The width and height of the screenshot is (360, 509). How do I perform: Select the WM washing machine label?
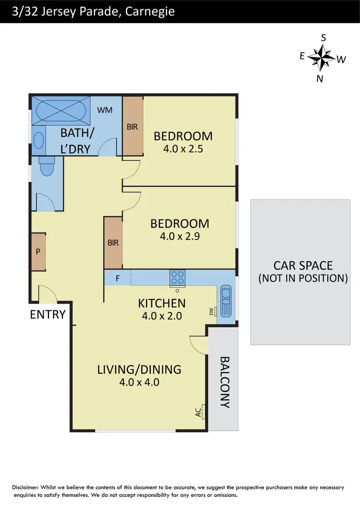[105, 110]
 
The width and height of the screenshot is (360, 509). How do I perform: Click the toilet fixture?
[47, 168]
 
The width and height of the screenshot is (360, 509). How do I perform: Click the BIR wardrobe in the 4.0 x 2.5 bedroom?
[132, 126]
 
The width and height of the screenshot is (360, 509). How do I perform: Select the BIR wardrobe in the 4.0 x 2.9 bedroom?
[113, 243]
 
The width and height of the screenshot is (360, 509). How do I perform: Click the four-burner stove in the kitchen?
[177, 278]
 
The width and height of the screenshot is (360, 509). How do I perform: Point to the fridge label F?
[118, 278]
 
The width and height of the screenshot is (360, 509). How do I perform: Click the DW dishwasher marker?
[212, 312]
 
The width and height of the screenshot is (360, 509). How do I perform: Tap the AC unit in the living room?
[203, 411]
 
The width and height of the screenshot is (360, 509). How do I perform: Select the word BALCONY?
[224, 382]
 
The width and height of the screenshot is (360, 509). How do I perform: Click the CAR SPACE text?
[302, 265]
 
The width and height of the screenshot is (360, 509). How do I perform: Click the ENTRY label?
[48, 315]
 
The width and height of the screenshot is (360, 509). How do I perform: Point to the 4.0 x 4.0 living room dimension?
[139, 382]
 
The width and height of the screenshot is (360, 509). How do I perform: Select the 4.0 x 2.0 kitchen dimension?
[161, 316]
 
